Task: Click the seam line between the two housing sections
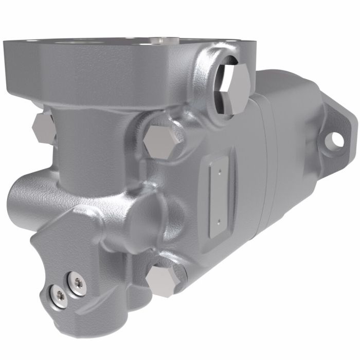pos(262,170)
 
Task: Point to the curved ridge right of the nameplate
pos(238,195)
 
